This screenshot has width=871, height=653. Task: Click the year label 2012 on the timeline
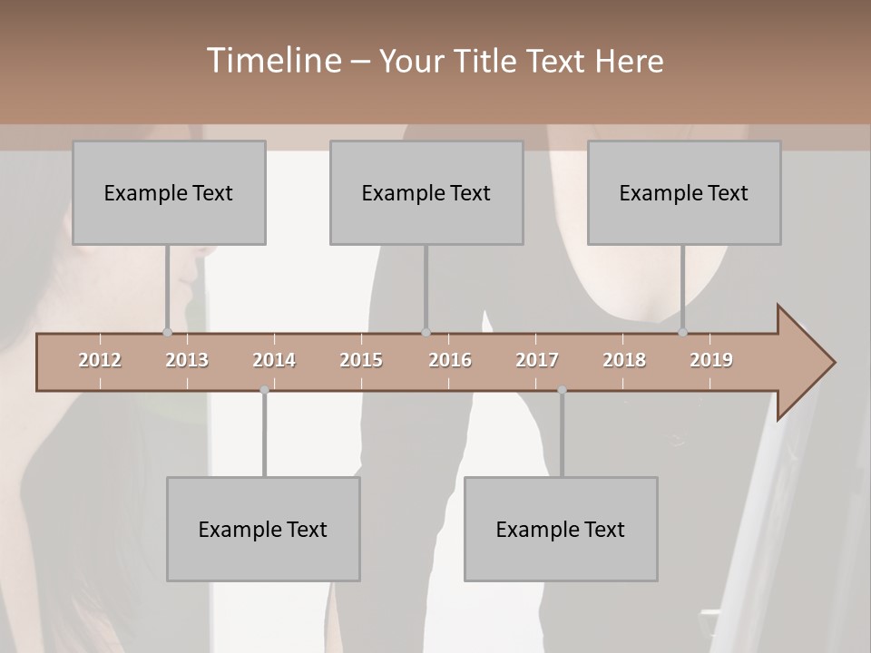tap(100, 360)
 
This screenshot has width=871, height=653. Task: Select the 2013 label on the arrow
tap(187, 360)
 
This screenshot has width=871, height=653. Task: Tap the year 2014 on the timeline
tap(274, 360)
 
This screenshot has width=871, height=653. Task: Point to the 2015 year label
tap(361, 360)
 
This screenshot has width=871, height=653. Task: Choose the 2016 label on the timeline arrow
tap(450, 360)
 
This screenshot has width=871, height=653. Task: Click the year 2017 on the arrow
tap(537, 360)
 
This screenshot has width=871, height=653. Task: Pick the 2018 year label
tap(624, 360)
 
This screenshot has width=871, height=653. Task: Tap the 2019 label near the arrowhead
tap(711, 360)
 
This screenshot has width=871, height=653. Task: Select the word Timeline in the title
tap(271, 61)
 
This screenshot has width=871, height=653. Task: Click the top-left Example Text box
tap(169, 193)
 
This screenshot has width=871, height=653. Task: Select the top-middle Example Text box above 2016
tap(426, 193)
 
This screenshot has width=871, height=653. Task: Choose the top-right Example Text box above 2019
tap(684, 193)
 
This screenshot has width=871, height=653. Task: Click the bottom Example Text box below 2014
tap(263, 530)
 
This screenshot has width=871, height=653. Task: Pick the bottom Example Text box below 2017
tap(561, 530)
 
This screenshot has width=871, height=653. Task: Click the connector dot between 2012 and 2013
tap(167, 332)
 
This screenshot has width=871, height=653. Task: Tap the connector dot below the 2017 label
tap(562, 390)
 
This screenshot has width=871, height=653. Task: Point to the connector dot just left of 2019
tap(682, 332)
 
